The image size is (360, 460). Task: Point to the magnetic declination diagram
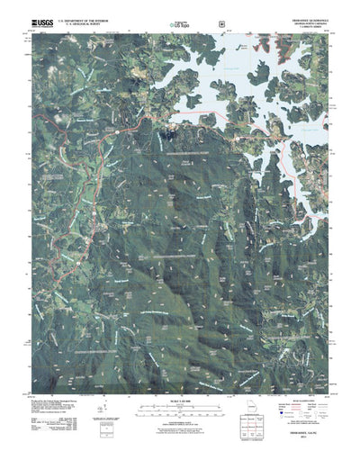pos(112,421)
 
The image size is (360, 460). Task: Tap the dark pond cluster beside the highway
pos(167,136)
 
